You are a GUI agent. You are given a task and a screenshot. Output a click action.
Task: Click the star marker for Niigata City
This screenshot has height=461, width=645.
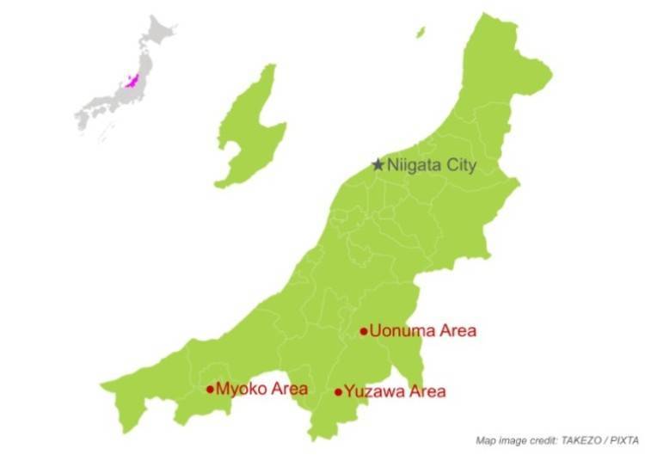coord(378,164)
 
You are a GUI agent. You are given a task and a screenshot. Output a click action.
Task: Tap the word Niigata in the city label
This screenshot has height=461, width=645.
coord(416,165)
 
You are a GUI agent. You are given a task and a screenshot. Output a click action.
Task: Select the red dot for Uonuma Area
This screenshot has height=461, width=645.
coord(364,331)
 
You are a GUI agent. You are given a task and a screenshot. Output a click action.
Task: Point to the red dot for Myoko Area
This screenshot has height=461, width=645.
coord(210,389)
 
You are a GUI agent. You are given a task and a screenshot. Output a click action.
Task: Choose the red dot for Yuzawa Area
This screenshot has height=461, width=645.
coord(338,392)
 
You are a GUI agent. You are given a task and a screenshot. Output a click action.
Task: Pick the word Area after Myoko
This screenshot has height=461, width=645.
coord(289,389)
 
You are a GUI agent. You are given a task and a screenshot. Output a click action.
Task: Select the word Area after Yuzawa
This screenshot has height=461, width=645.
coord(427,392)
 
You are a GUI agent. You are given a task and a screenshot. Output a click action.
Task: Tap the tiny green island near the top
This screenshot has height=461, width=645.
coord(421,33)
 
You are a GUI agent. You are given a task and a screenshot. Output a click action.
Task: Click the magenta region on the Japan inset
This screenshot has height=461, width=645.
coord(132,81)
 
